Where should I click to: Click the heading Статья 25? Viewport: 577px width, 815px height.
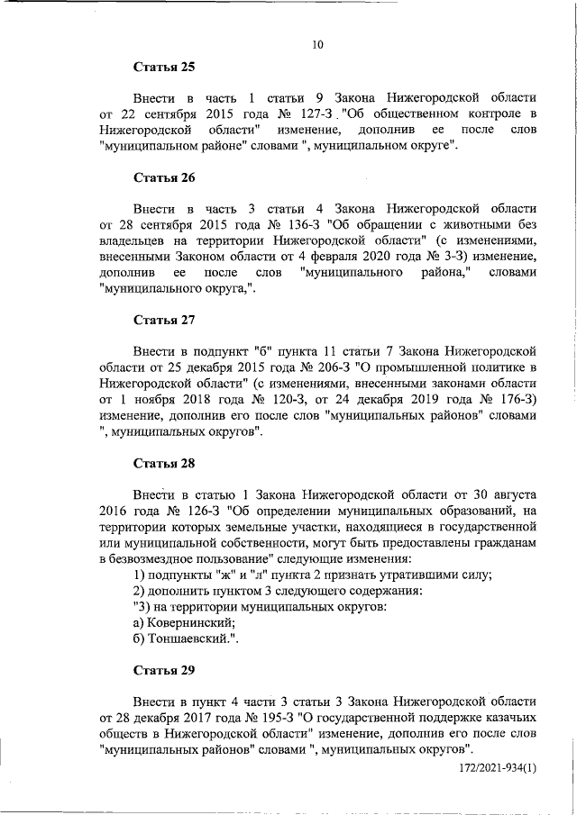pos(164,67)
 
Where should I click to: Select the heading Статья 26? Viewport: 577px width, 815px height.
pos(164,177)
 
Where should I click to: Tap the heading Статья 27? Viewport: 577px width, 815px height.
pos(164,320)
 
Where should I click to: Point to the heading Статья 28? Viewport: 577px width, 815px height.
pos(164,464)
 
